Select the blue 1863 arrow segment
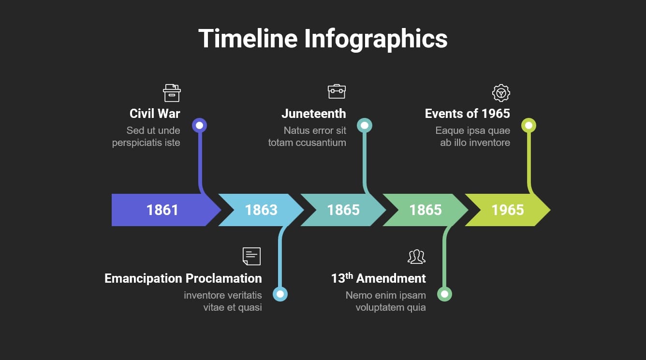point(261,210)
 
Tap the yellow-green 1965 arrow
point(508,210)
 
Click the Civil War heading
point(155,114)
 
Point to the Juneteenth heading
point(314,114)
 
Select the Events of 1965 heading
point(468,114)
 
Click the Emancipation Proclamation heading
point(183,278)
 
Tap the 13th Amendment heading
point(379,278)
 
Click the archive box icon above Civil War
point(172,93)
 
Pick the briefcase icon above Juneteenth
point(337,91)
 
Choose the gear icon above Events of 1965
point(501,93)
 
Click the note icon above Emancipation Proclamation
point(252,256)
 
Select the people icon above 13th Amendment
point(416,257)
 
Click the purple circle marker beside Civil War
point(199,125)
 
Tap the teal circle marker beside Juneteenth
point(365,125)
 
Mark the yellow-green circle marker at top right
point(529,125)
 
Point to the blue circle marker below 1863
point(280,294)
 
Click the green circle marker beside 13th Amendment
point(444,294)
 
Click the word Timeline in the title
point(248,38)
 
